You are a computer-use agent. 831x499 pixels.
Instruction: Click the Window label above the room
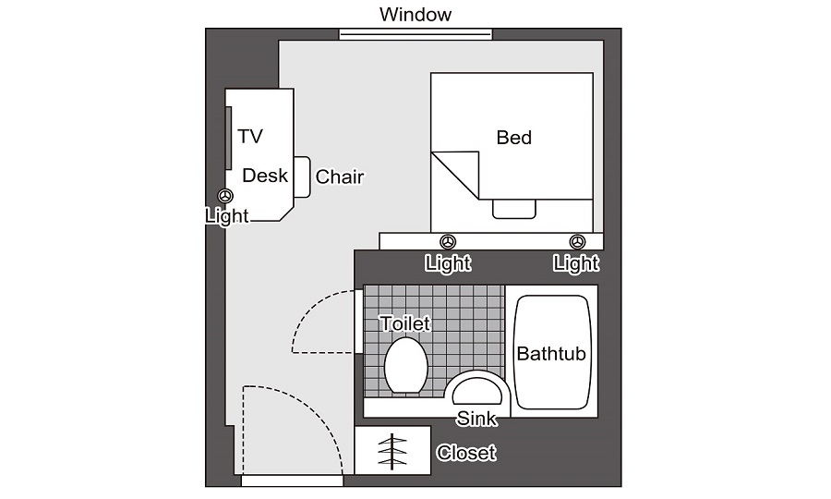[415, 14]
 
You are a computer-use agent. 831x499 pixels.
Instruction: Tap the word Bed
[513, 138]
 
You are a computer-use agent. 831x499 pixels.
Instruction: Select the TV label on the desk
[249, 136]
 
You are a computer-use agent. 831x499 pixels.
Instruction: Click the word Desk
[265, 176]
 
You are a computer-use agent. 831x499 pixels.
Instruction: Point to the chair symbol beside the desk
[302, 177]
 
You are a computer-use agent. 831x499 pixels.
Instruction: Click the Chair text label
[340, 176]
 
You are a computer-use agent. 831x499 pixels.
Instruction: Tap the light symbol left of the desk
[226, 196]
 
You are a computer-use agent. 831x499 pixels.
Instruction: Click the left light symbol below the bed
[448, 242]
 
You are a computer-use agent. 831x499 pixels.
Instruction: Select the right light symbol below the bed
[577, 242]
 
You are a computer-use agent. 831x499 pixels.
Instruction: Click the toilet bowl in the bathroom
[406, 365]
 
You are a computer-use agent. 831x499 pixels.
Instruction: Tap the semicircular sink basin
[476, 391]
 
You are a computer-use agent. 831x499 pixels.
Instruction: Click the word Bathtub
[551, 354]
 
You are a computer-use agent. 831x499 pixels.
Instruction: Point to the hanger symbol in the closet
[392, 451]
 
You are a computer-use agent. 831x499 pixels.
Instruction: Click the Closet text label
[466, 453]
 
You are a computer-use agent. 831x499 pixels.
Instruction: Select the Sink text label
[476, 419]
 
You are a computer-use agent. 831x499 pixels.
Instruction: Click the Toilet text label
[405, 323]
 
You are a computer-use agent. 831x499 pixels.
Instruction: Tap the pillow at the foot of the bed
[514, 209]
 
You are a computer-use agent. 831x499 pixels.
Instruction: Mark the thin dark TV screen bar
[228, 138]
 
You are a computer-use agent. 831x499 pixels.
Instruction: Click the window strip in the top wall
[415, 34]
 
